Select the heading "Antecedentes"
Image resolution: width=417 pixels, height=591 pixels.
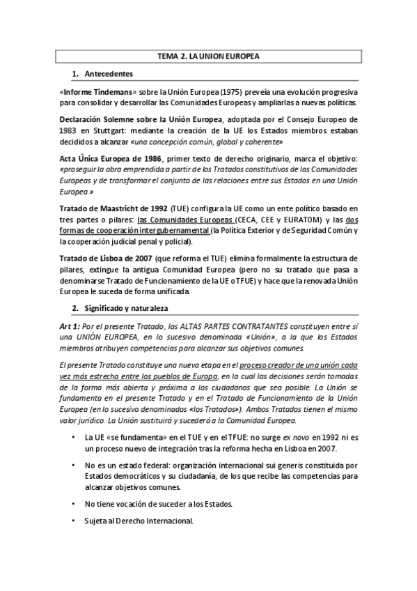click(109, 73)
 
